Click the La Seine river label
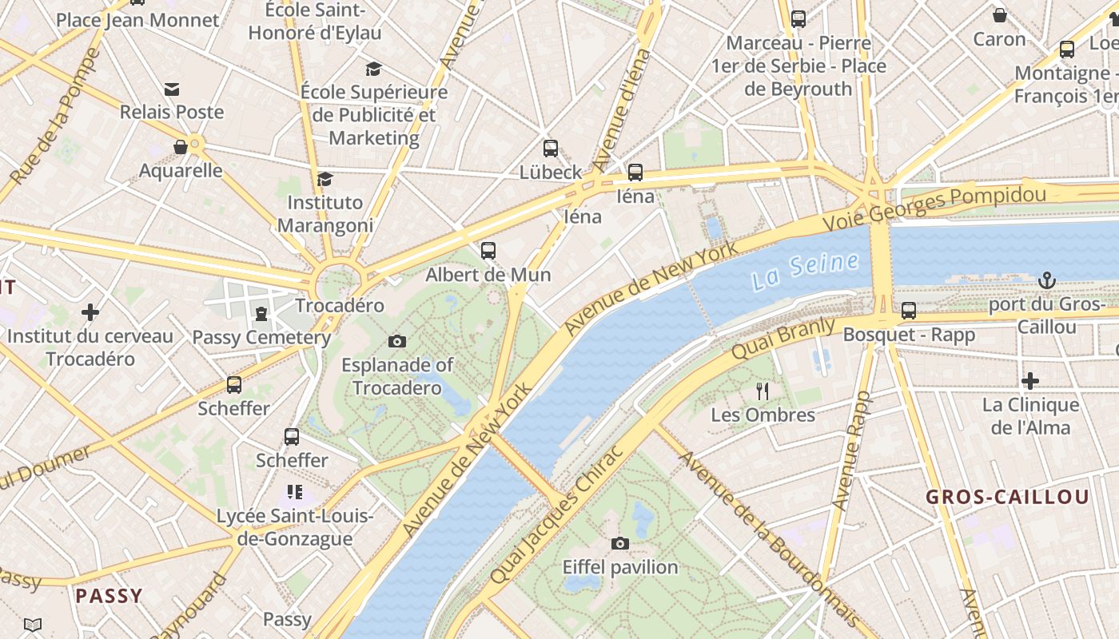pyautogui.click(x=806, y=270)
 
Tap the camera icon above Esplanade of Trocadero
pyautogui.click(x=396, y=342)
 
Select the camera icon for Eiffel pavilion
pyautogui.click(x=619, y=544)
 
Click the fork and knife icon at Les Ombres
pyautogui.click(x=763, y=391)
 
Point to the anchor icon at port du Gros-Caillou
pyautogui.click(x=1046, y=280)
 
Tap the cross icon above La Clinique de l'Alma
pyautogui.click(x=1030, y=381)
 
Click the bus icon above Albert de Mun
pyautogui.click(x=488, y=251)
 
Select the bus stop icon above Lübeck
pyautogui.click(x=551, y=149)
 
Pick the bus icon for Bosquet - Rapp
pyautogui.click(x=909, y=311)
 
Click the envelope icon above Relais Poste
pyautogui.click(x=172, y=89)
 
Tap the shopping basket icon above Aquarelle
pyautogui.click(x=181, y=147)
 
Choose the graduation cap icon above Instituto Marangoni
pyautogui.click(x=325, y=179)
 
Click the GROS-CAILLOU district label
pyautogui.click(x=1007, y=497)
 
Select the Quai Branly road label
pyautogui.click(x=783, y=338)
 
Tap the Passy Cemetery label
pyautogui.click(x=261, y=337)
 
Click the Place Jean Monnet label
pyautogui.click(x=137, y=20)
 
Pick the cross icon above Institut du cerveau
pyautogui.click(x=90, y=312)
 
